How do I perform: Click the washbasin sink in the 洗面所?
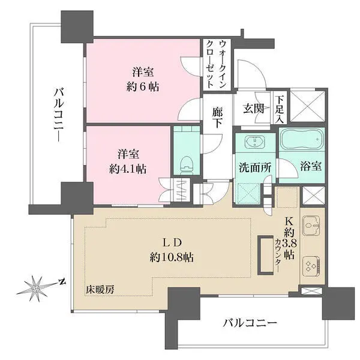point(256,143)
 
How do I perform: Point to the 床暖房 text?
point(100,289)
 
